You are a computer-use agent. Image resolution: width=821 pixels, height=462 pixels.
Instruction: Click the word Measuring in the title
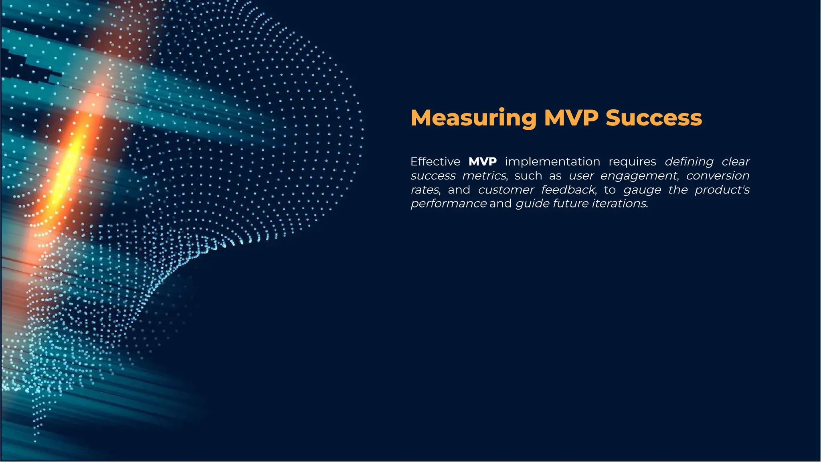(473, 118)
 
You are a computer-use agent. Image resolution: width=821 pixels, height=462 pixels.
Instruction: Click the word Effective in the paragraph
(435, 161)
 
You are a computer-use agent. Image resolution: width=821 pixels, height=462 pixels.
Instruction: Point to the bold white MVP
(483, 161)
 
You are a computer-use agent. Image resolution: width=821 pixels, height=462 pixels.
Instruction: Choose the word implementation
(552, 161)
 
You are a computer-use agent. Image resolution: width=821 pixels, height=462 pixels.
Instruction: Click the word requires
(632, 161)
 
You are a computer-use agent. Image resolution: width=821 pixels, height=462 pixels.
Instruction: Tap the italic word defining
(689, 161)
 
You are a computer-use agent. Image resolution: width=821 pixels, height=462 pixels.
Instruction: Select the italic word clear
(736, 161)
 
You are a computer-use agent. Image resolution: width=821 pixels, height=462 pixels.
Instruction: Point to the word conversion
(718, 176)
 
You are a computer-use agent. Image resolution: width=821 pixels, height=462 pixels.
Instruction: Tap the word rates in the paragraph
(425, 190)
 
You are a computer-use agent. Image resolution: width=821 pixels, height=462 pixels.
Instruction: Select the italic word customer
(506, 190)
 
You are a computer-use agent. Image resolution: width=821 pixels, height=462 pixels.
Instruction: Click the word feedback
(568, 190)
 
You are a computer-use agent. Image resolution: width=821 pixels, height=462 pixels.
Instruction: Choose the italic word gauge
(642, 190)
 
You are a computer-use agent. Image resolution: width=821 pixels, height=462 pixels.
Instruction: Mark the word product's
(722, 190)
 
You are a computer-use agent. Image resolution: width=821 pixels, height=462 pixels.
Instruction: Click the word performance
(449, 204)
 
